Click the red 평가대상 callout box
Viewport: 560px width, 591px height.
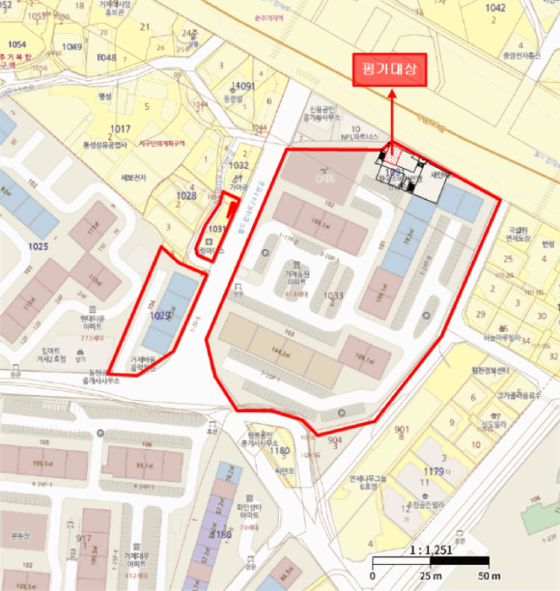tap(389, 68)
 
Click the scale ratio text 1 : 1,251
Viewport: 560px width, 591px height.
tap(431, 550)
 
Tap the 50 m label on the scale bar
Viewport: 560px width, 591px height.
tap(488, 575)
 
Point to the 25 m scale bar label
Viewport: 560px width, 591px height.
tap(431, 575)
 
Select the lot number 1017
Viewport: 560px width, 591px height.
tap(120, 128)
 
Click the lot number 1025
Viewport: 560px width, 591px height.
tap(38, 246)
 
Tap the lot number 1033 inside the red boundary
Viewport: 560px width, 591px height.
tap(334, 295)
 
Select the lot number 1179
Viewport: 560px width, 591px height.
tap(434, 471)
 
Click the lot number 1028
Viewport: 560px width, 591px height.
tap(186, 196)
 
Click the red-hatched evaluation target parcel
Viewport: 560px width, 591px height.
tap(394, 155)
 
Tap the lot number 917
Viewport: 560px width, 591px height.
tap(84, 539)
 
